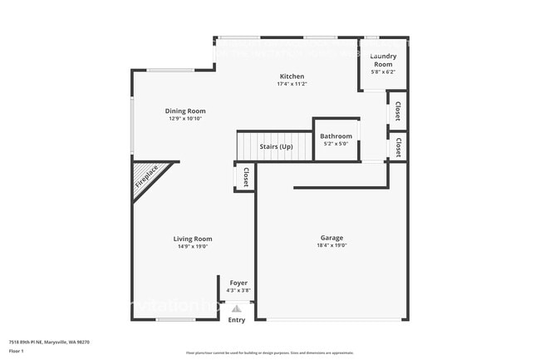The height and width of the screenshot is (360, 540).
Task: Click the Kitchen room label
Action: pyautogui.click(x=292, y=76)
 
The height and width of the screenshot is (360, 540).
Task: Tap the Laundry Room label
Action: pyautogui.click(x=383, y=60)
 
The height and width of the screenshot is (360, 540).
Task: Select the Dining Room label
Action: pyautogui.click(x=184, y=111)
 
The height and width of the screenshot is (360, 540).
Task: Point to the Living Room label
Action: pyautogui.click(x=193, y=239)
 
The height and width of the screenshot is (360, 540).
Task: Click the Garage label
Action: pyautogui.click(x=331, y=238)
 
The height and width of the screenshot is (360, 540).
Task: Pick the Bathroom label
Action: pyautogui.click(x=336, y=136)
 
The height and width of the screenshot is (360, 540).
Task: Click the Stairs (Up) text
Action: pyautogui.click(x=276, y=146)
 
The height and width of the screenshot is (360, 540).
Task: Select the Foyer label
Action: pyautogui.click(x=238, y=284)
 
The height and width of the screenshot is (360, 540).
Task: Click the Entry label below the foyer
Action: pyautogui.click(x=237, y=319)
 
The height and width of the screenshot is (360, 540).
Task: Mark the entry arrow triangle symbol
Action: pyautogui.click(x=237, y=308)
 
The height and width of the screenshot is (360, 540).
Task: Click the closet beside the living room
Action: pyautogui.click(x=246, y=177)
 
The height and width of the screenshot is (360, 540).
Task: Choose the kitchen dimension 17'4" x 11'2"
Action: pyautogui.click(x=292, y=84)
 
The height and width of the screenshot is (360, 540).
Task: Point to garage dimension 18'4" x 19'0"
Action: pyautogui.click(x=331, y=245)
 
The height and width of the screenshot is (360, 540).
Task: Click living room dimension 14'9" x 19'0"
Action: pyautogui.click(x=193, y=246)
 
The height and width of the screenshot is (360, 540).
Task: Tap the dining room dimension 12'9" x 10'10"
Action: pyautogui.click(x=184, y=118)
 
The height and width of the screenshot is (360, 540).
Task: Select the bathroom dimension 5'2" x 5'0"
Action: pyautogui.click(x=336, y=144)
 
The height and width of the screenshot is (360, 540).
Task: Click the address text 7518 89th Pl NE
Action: pyautogui.click(x=49, y=342)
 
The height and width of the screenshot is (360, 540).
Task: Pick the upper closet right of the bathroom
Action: pyautogui.click(x=398, y=111)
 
